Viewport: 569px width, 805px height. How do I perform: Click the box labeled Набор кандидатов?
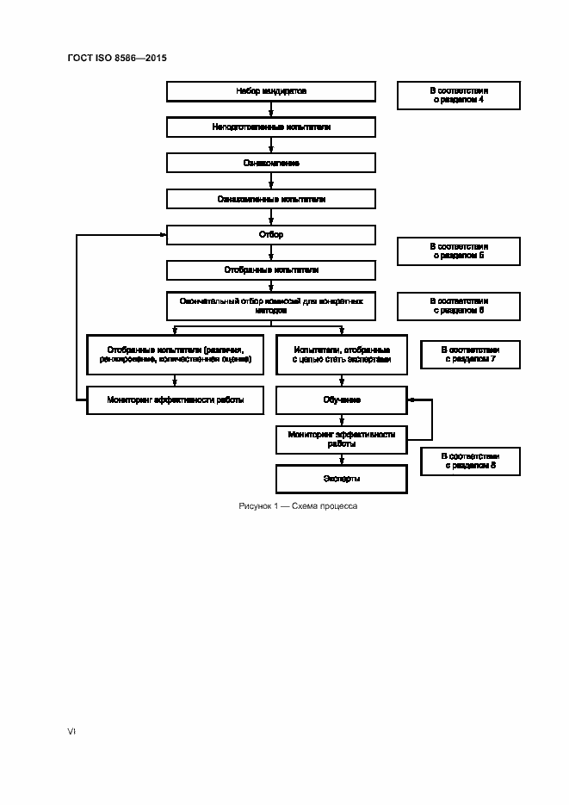point(271,90)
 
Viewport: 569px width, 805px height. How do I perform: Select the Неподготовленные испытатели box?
point(271,127)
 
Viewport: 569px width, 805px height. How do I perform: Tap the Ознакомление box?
point(271,163)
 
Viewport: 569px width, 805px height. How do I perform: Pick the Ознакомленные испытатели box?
point(271,199)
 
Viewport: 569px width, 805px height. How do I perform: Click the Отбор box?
point(271,234)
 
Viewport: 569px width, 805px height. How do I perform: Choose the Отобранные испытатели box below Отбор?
point(271,270)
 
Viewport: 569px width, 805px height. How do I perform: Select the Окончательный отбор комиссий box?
point(271,307)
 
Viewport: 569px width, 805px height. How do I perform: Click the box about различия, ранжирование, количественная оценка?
point(175,354)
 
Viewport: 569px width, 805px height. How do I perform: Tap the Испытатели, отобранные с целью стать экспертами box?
point(342,354)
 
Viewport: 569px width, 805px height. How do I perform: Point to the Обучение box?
point(342,400)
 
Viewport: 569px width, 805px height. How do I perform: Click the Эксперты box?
point(342,478)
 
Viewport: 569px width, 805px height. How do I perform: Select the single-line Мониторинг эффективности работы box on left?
point(175,400)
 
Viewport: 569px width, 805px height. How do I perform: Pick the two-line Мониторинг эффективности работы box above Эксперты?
point(342,440)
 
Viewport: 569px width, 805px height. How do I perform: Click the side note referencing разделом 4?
point(458,96)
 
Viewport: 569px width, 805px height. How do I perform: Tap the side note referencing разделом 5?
point(458,251)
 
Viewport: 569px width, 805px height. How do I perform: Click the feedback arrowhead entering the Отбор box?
point(163,234)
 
